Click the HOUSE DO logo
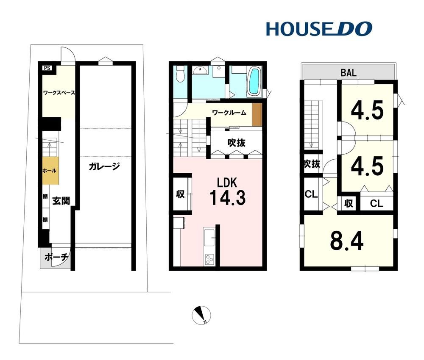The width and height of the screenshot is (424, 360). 319,29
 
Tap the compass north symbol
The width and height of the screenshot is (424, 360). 201,315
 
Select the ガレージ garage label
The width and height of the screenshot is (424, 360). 104,166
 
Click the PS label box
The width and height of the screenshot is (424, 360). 47,68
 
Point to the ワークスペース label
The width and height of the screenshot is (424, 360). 59,93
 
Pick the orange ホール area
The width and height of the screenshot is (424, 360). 50,171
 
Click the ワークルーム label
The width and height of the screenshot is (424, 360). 229,113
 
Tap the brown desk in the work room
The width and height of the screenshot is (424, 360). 257,114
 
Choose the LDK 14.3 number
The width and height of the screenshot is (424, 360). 228,198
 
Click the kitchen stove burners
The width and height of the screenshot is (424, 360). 209,260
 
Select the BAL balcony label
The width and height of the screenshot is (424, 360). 348,72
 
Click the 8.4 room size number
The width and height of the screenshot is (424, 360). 347,241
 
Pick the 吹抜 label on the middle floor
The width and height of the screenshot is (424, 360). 236,143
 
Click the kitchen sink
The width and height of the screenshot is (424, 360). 209,238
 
